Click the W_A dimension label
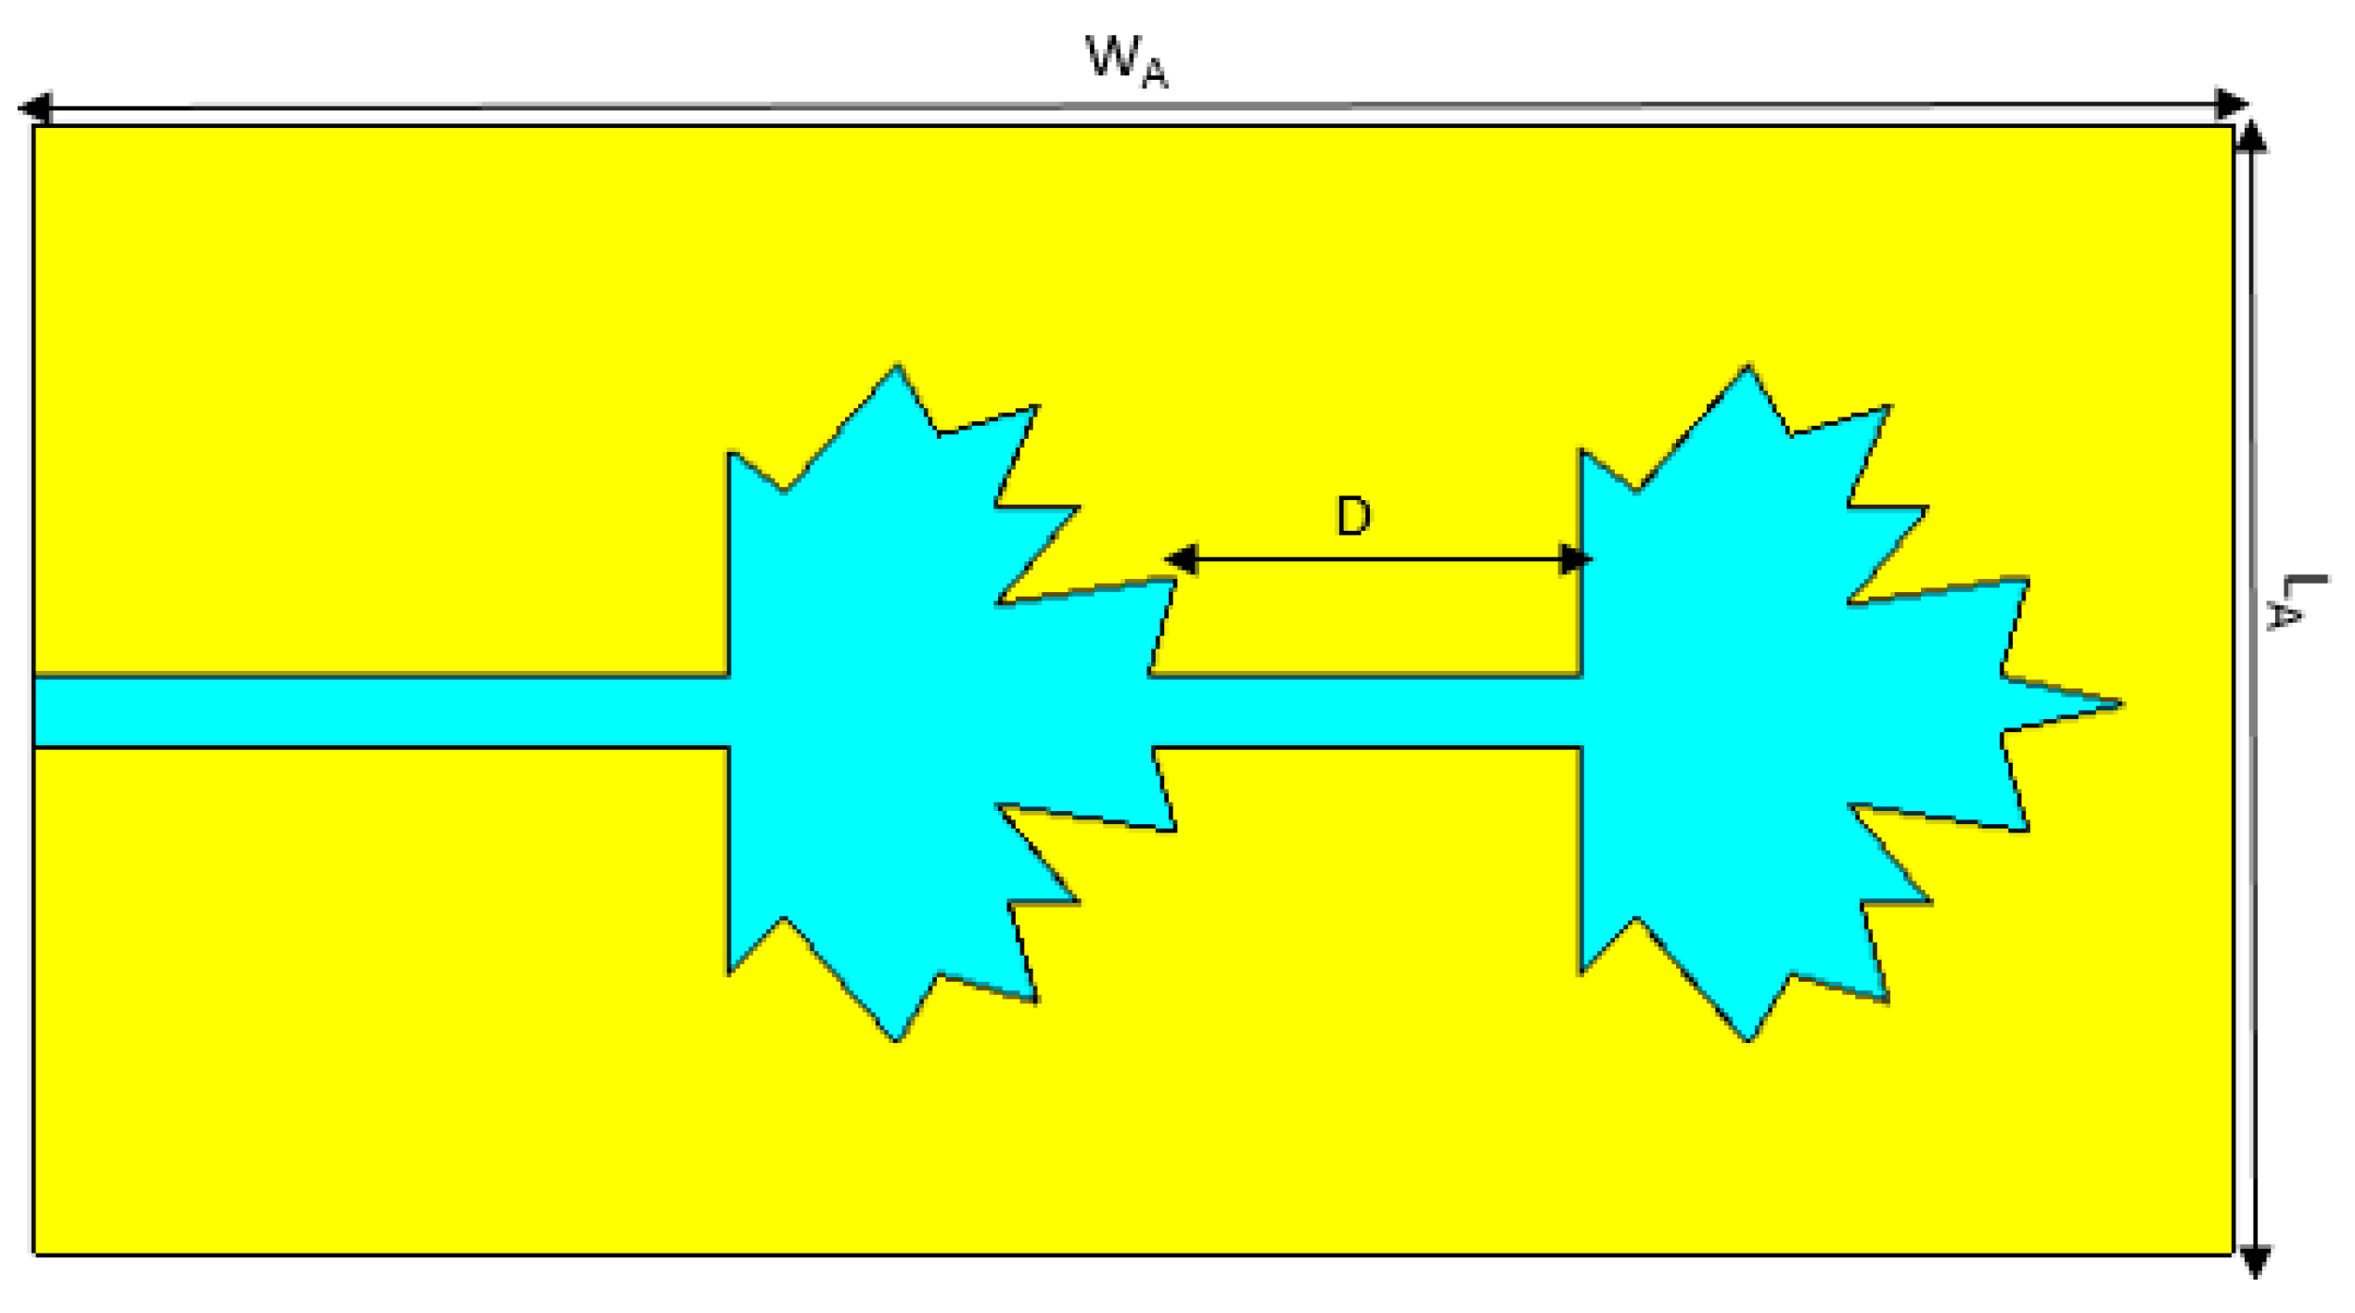[x=1125, y=62]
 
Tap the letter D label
[x=1353, y=516]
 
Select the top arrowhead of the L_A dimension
[x=2251, y=137]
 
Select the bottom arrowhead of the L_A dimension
[x=2255, y=1260]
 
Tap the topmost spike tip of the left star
[x=897, y=367]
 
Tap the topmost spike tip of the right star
[x=1747, y=367]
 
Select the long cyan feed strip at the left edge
[x=371, y=712]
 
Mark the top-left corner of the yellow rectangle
[x=34, y=126]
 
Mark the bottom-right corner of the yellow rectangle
[x=2232, y=1255]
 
